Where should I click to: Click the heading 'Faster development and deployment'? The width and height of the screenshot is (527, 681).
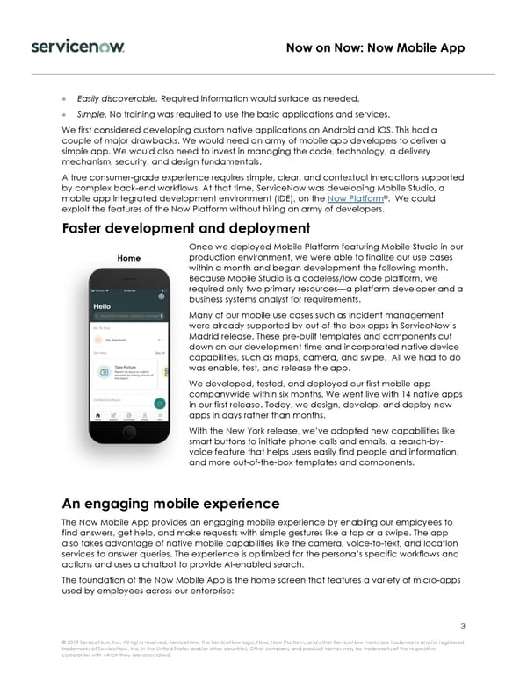(186, 229)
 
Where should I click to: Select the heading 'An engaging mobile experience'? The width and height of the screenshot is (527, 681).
(170, 504)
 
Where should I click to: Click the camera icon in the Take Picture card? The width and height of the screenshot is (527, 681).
(104, 372)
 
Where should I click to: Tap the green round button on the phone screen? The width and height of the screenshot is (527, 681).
(160, 404)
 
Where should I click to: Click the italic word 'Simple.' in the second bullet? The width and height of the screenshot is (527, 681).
(91, 115)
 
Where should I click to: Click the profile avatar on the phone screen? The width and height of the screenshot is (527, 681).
(162, 297)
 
